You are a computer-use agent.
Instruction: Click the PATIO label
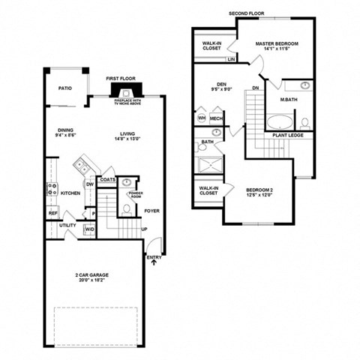(x=65, y=88)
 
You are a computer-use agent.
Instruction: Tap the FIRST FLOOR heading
(x=120, y=78)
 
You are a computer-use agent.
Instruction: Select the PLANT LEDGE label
(x=288, y=136)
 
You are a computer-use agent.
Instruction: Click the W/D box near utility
(x=90, y=229)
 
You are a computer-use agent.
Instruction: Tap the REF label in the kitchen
(x=53, y=213)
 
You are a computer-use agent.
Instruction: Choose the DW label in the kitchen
(x=89, y=183)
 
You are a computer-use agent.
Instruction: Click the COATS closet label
(x=107, y=180)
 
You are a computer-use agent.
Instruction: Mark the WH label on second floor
(x=201, y=118)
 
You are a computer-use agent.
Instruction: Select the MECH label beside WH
(x=216, y=118)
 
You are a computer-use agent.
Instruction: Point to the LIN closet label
(x=231, y=58)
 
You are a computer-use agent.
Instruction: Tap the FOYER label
(x=152, y=211)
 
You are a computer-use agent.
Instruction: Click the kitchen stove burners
(x=52, y=189)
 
